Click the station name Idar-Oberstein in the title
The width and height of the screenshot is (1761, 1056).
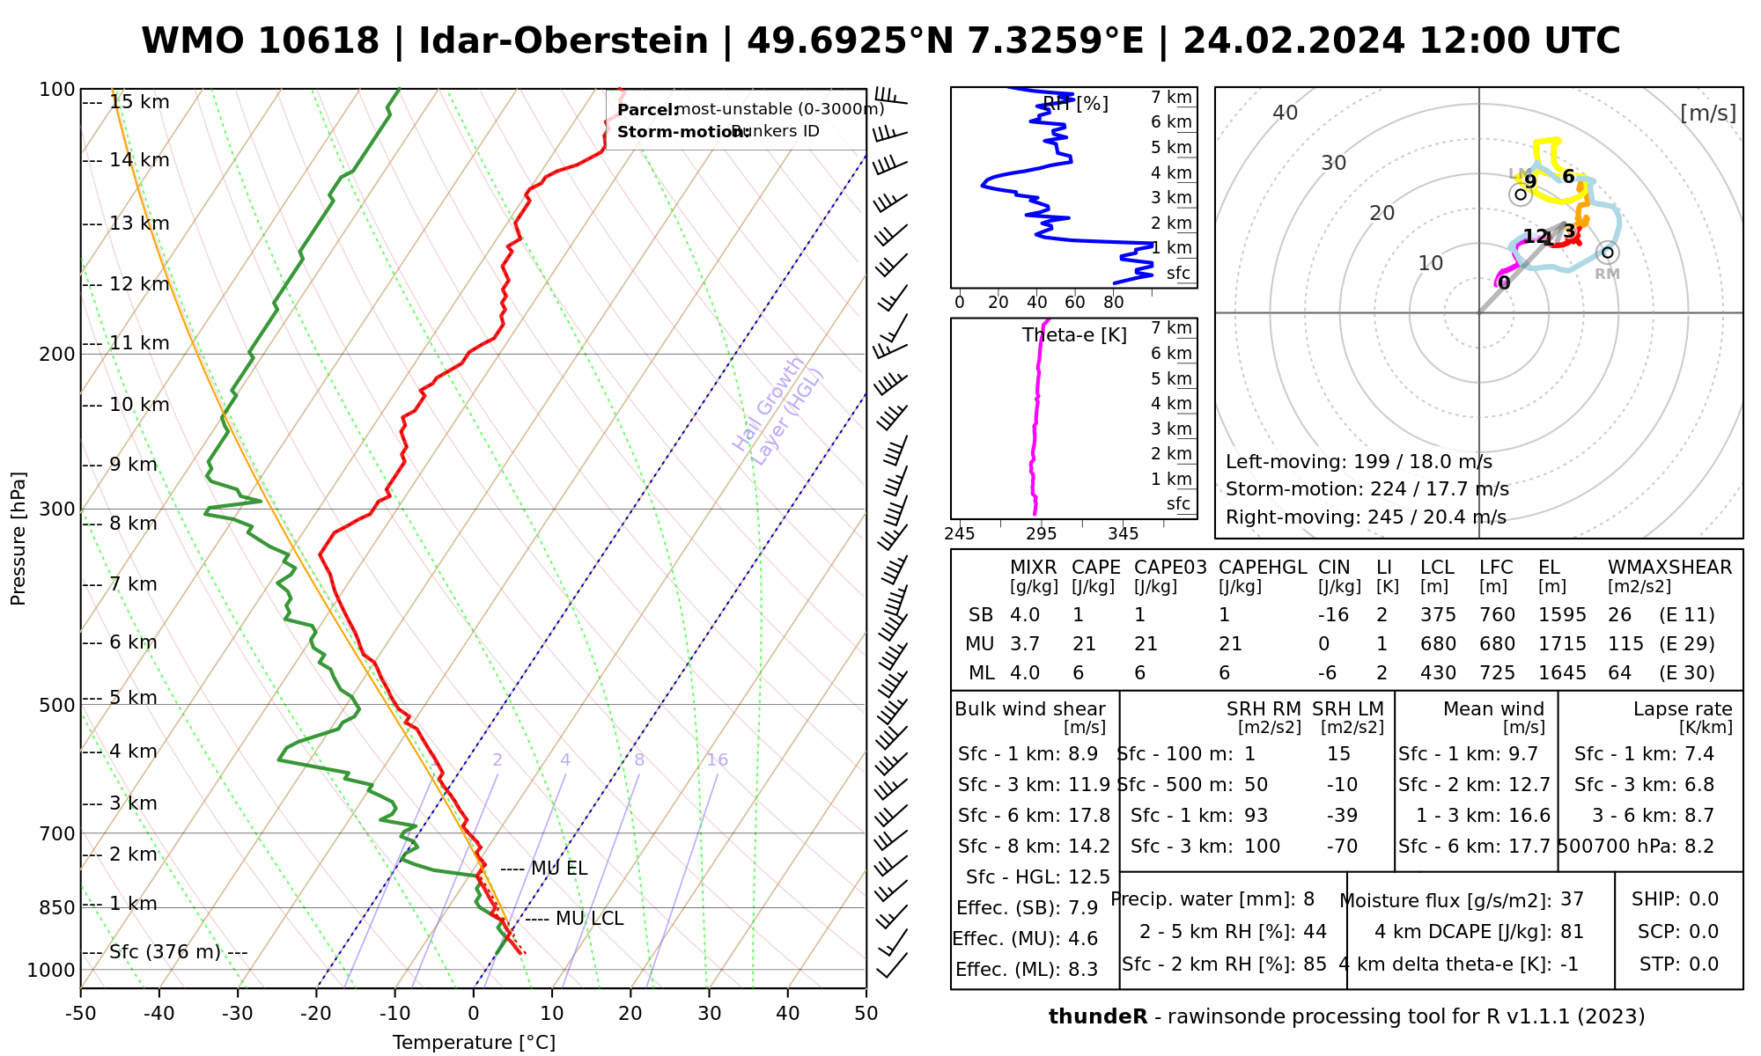pos(564,41)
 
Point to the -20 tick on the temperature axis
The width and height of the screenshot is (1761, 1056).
pos(316,1014)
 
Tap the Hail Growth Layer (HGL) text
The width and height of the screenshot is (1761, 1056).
pos(778,410)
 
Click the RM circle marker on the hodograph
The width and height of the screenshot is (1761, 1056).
pos(1608,253)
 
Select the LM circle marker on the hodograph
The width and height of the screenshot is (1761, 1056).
pos(1520,194)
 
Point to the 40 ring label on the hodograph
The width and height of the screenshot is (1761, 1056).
pos(1286,113)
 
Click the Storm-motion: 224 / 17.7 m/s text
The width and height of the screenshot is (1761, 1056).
pos(1367,489)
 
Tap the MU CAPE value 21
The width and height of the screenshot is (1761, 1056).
pos(1084,644)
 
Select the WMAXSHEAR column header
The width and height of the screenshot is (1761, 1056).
pos(1669,568)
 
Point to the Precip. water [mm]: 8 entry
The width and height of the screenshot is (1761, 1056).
pos(1212,899)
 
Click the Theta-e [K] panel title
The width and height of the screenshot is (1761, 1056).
pos(1074,335)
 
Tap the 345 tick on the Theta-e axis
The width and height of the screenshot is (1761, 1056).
pos(1123,534)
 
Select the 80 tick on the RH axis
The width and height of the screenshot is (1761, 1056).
pos(1113,303)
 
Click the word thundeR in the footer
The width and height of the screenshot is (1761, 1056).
pos(1097,1017)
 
